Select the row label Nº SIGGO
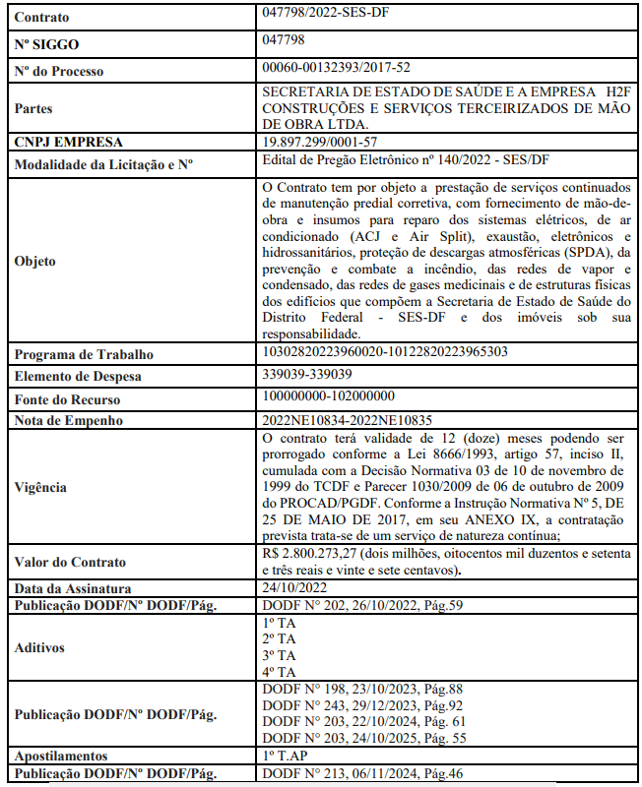coord(47,44)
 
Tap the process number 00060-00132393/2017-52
coord(337,67)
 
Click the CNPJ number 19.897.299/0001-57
coord(320,142)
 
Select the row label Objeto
coord(35,262)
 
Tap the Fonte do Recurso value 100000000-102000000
coord(329,396)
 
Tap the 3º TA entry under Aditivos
coord(280,655)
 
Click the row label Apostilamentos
coord(62,757)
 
